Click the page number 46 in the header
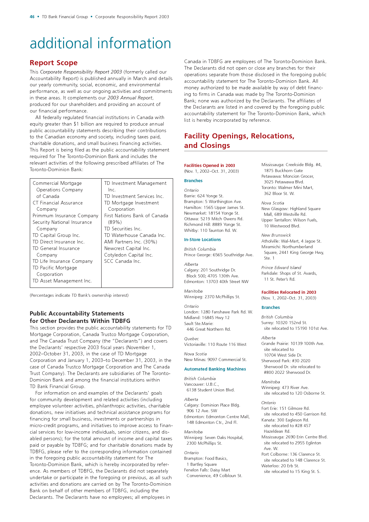32,17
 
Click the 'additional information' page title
100,43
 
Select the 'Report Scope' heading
54,63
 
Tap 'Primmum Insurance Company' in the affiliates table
65,216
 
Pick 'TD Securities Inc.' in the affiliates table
123,229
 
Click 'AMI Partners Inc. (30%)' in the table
131,242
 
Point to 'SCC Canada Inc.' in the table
123,261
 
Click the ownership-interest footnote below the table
79,296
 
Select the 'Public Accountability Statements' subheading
77,314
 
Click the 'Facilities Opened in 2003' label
209,165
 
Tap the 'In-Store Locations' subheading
202,240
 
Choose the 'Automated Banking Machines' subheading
215,369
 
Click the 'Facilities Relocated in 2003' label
289,292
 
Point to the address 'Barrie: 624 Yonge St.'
204,196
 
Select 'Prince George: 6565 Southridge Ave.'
219,255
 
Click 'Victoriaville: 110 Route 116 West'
215,344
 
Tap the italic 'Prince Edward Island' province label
281,268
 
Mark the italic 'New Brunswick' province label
276,235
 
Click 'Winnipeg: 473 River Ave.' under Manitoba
285,387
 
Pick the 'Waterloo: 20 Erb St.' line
280,466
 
